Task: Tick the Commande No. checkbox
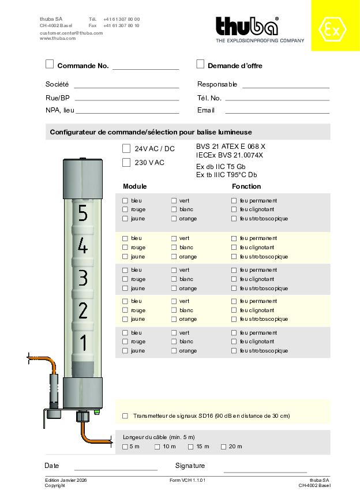pos(50,64)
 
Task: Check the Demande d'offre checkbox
pos(200,64)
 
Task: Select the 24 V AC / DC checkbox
pos(126,148)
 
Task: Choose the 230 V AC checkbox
pos(126,162)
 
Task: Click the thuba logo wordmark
pos(247,27)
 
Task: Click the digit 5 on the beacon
pos(82,214)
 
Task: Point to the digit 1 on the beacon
pos(82,343)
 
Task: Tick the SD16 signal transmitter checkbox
pos(125,415)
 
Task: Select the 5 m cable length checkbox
pos(125,447)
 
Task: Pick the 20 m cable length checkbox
pos(224,447)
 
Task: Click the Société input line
pos(126,87)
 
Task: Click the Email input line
pos(277,113)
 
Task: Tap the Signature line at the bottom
pos(265,471)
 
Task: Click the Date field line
pos(115,469)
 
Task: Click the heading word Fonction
pos(246,186)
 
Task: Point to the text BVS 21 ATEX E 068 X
pos(231,147)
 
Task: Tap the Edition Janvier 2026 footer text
pos(66,480)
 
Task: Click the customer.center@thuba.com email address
pos(71,33)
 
